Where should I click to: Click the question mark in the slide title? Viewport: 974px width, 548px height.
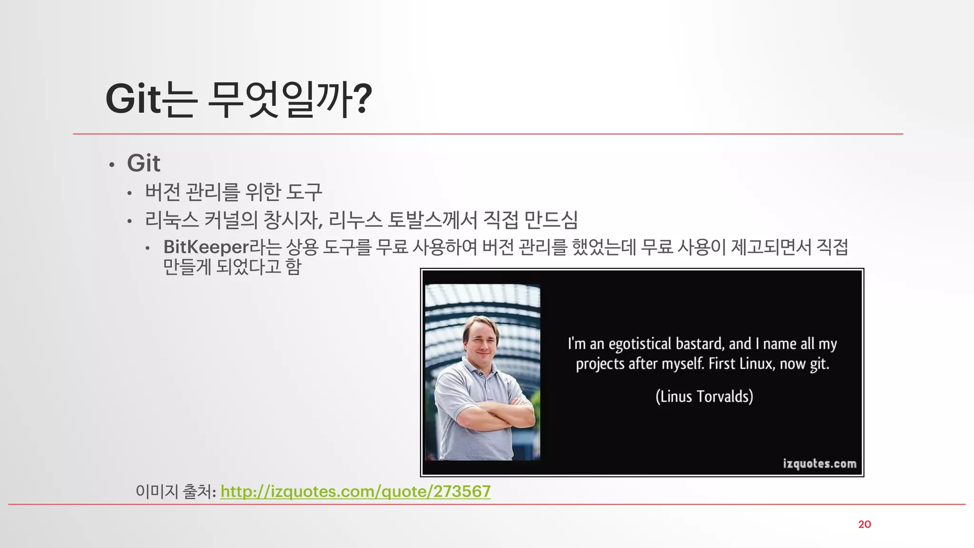click(x=362, y=99)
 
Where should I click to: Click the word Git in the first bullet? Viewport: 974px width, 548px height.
click(x=144, y=163)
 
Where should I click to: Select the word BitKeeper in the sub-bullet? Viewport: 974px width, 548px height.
click(x=206, y=247)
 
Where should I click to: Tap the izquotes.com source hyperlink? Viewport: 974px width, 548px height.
click(x=355, y=491)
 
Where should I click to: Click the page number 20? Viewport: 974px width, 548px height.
click(x=864, y=524)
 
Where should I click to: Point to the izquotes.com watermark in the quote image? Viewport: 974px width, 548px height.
click(x=819, y=463)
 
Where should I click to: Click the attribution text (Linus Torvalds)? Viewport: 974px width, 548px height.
click(x=704, y=396)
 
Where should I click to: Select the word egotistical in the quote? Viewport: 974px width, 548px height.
click(x=640, y=344)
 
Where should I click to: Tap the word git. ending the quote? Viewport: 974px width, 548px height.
click(x=819, y=364)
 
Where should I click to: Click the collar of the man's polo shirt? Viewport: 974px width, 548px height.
click(x=480, y=369)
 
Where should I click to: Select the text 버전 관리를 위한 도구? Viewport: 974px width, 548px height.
click(x=234, y=192)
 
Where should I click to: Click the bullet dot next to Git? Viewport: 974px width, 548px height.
click(x=112, y=165)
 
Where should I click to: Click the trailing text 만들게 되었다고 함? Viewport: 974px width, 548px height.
click(x=232, y=266)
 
